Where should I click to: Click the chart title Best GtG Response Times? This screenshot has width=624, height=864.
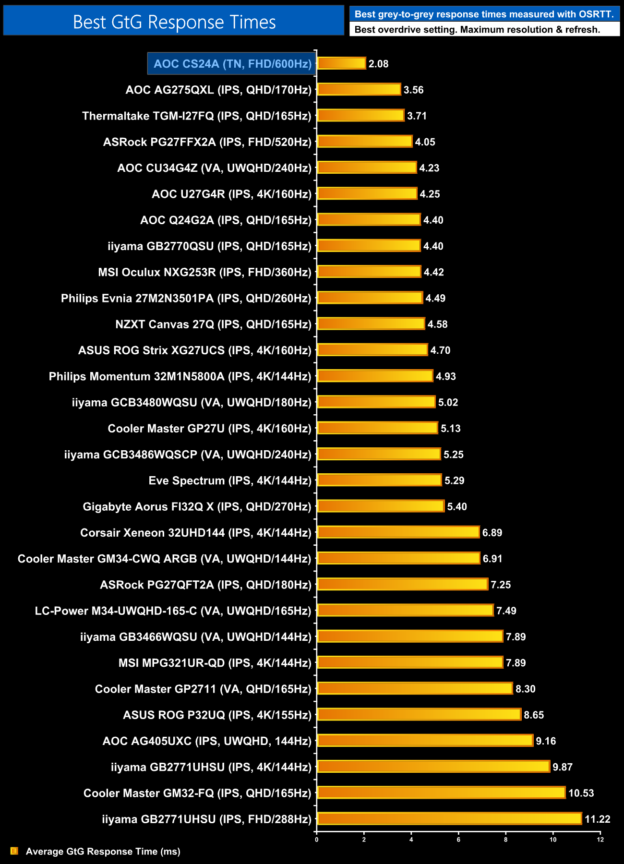[x=174, y=22]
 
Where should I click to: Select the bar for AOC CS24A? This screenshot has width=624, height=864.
[x=341, y=63]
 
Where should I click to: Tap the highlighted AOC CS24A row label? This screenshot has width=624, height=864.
[x=232, y=64]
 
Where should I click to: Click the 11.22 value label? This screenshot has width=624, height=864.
[x=597, y=819]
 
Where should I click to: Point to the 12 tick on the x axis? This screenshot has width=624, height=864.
[x=600, y=840]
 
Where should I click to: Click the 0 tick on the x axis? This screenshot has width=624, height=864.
[x=317, y=840]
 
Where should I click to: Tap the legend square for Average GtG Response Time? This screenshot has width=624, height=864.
[x=14, y=851]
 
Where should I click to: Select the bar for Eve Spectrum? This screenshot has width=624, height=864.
[x=379, y=480]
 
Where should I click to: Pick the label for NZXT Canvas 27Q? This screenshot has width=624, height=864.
[x=213, y=324]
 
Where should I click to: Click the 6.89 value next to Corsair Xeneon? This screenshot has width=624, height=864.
[x=492, y=533]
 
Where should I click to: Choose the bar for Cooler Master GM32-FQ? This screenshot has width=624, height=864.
[x=441, y=793]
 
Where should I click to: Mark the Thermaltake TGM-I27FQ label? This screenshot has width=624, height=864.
[x=197, y=116]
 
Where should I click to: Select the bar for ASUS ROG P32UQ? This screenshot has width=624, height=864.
[x=419, y=715]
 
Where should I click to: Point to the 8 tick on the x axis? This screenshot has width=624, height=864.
[x=506, y=840]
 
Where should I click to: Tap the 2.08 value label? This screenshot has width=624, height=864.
[x=378, y=64]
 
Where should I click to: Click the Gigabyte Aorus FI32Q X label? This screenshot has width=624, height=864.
[x=197, y=507]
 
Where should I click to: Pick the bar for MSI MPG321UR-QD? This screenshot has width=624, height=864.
[x=410, y=663]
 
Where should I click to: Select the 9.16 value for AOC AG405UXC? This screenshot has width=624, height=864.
[x=546, y=741]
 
